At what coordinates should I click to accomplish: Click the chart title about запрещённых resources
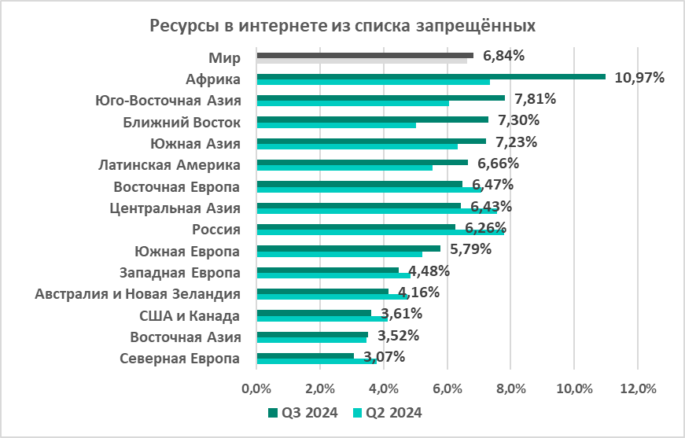343,26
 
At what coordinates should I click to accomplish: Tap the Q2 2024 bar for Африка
373,82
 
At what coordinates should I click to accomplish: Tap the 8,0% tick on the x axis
510,388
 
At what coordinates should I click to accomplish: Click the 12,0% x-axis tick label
637,388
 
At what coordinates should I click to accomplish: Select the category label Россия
216,230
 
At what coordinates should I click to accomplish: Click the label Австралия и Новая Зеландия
138,294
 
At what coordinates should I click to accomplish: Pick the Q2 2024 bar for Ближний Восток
336,125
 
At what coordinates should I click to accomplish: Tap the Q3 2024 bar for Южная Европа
348,248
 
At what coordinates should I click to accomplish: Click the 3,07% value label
385,357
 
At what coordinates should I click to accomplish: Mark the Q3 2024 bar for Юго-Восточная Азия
381,98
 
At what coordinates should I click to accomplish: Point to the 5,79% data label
470,249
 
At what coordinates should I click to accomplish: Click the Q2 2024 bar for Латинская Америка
344,167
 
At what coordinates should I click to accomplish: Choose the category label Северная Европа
179,359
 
